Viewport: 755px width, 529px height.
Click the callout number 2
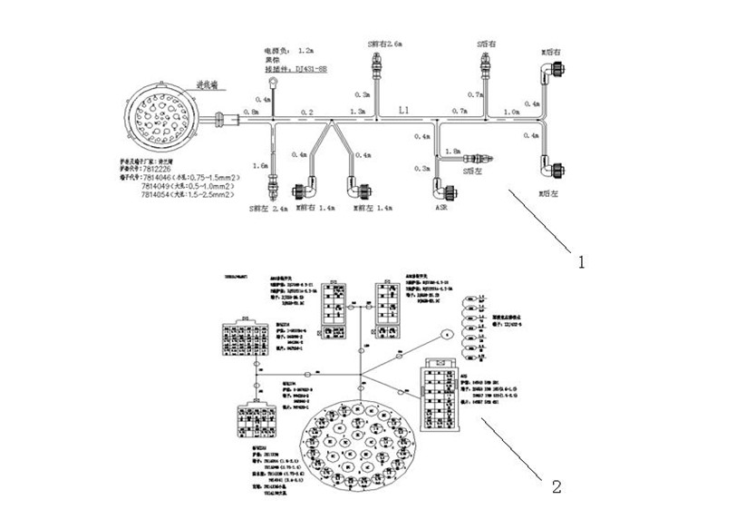(556, 486)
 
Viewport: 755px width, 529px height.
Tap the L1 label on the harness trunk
(404, 109)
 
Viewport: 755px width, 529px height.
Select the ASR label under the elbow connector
(442, 208)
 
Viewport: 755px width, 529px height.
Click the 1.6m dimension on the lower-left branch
(261, 168)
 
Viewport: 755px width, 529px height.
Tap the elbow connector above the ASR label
(443, 191)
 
